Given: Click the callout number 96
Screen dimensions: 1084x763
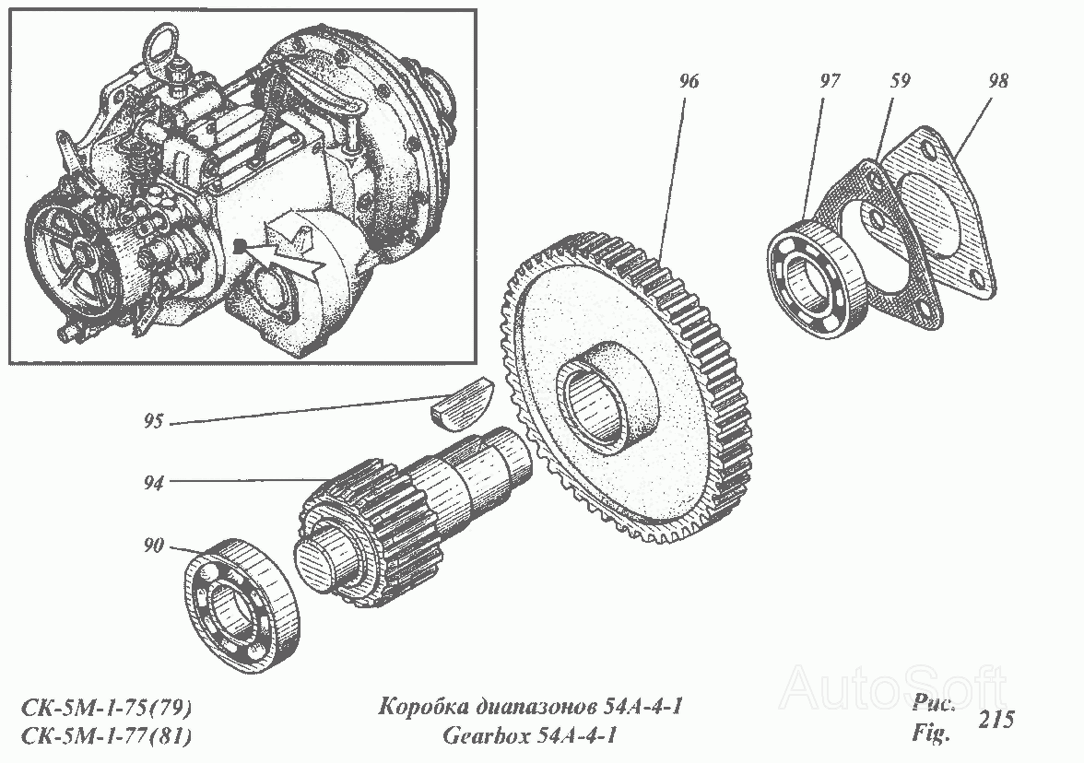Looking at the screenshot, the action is tap(689, 81).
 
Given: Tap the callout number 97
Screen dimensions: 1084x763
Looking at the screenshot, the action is tap(830, 81).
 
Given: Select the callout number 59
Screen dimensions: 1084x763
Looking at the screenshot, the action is tap(900, 81).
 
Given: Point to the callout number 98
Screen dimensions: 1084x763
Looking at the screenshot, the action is tap(997, 81).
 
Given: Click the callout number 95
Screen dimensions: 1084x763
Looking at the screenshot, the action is tap(153, 421).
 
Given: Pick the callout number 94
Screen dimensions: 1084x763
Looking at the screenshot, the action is tap(153, 483).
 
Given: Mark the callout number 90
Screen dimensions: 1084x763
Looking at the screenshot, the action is tap(153, 546).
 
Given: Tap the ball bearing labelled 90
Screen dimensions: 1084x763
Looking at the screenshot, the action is tap(243, 606).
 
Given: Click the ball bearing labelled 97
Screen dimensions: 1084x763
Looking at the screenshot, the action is tap(817, 276).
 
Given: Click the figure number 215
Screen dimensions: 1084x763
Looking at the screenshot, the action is tap(996, 720).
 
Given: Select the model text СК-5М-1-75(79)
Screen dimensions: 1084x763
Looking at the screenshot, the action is tap(107, 708).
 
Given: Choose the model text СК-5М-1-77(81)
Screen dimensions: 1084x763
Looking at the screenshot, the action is tap(107, 736).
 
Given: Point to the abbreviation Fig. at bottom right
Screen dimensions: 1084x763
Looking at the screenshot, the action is tap(931, 732).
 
